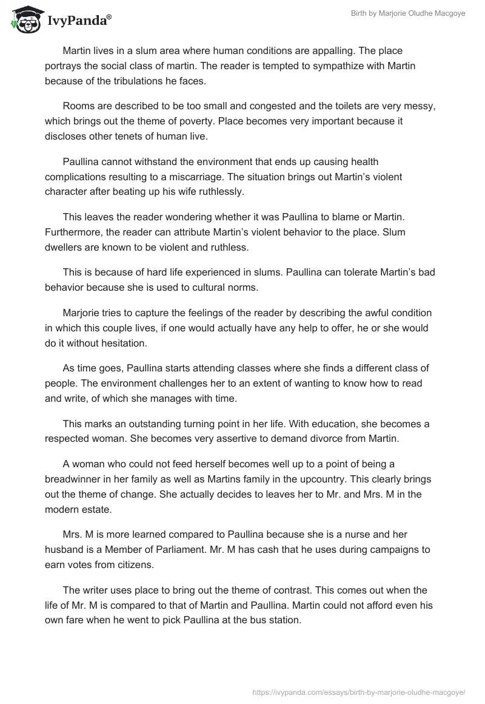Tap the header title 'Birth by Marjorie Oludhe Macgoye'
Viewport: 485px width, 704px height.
pyautogui.click(x=409, y=13)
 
